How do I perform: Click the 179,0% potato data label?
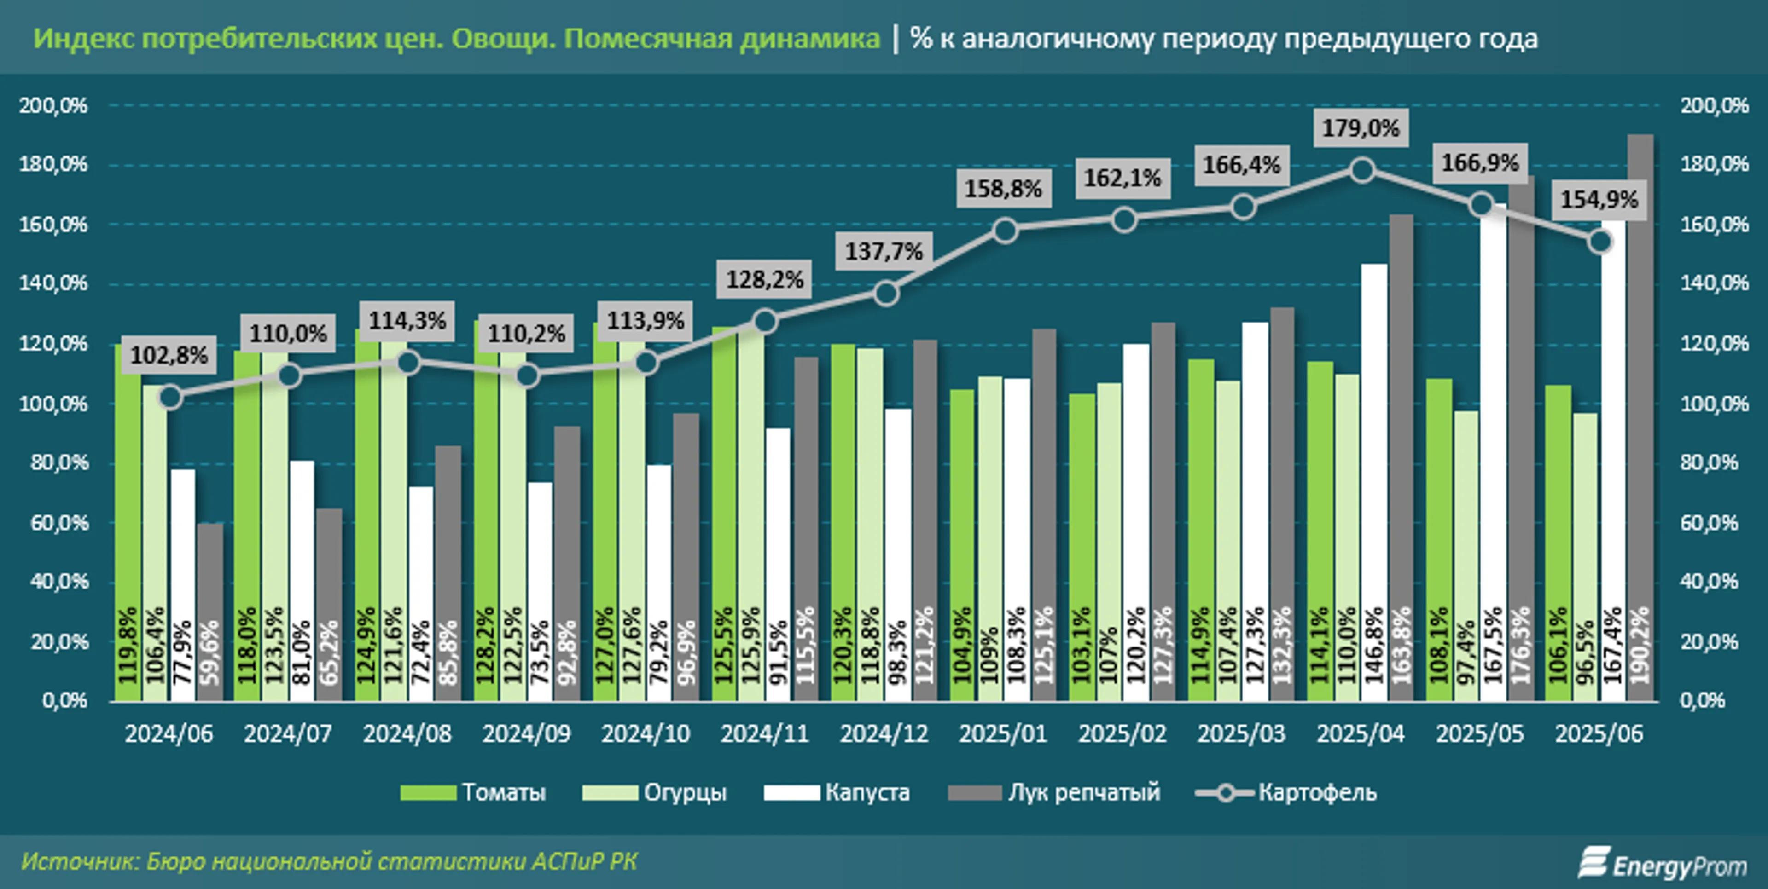(x=1361, y=128)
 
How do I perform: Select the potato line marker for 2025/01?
(x=1005, y=231)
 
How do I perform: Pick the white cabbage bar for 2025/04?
(x=1374, y=480)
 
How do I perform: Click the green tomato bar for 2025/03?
(x=1201, y=528)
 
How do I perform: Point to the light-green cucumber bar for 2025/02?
(x=1109, y=542)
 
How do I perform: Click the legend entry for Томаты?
(x=474, y=792)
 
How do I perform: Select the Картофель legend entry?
(x=1286, y=792)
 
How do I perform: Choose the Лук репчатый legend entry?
(x=1054, y=792)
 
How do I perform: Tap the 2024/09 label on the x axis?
(x=526, y=734)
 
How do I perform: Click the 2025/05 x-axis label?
(x=1480, y=734)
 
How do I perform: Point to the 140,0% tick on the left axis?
(x=53, y=283)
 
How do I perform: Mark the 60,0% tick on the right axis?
(x=1709, y=523)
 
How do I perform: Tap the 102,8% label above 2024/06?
(x=169, y=355)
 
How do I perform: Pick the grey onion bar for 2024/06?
(x=210, y=611)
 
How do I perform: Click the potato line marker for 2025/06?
(x=1600, y=242)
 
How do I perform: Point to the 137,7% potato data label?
(x=884, y=252)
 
